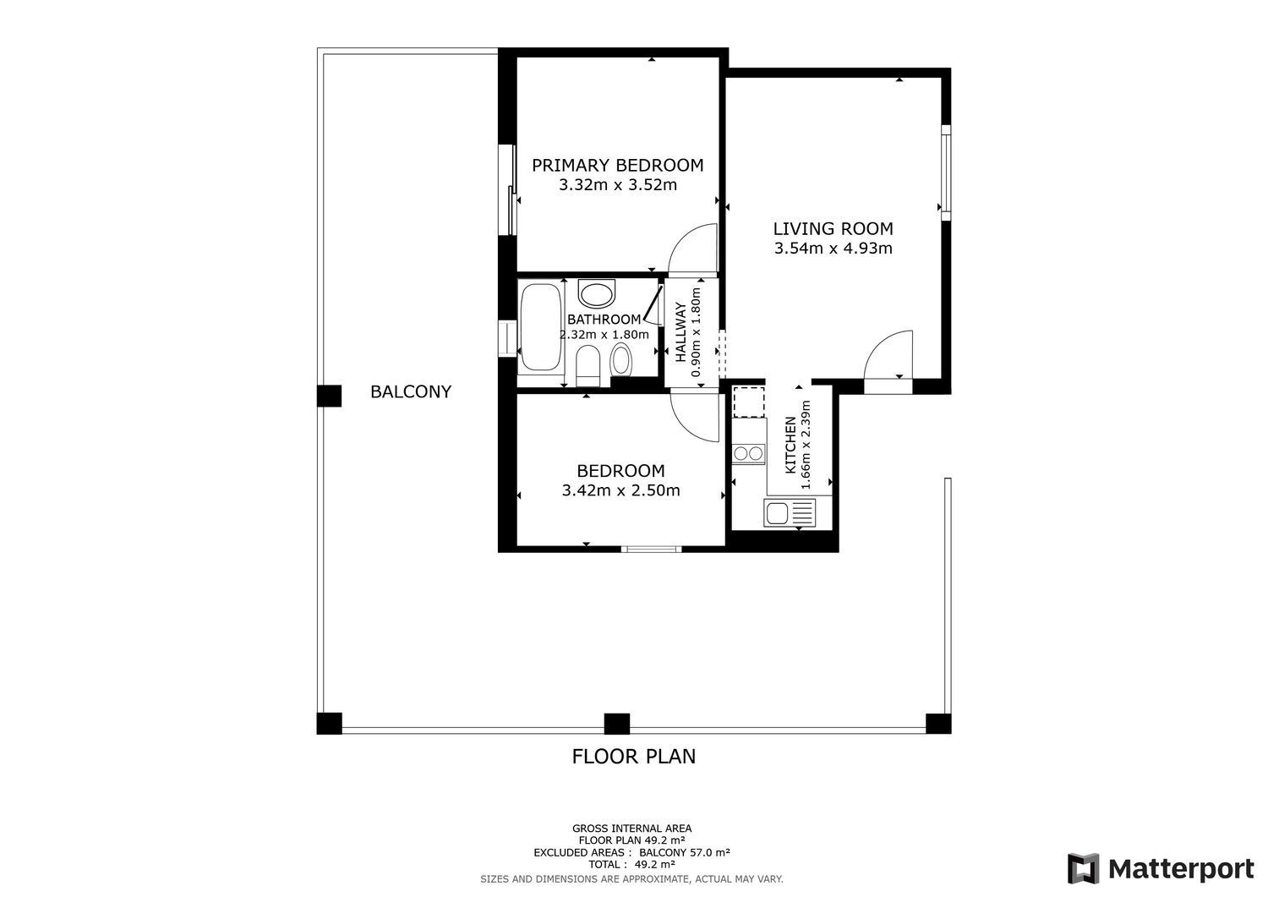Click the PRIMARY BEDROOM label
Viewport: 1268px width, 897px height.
617,165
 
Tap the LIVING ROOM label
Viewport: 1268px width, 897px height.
833,228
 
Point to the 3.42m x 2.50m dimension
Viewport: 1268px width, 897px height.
620,490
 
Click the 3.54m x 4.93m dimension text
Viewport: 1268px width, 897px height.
833,249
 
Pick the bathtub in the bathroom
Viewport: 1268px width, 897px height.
540,327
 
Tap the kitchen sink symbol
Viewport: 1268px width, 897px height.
790,512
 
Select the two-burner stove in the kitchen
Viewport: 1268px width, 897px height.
749,453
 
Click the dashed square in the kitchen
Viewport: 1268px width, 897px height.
748,402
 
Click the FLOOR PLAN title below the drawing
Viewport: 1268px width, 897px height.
634,756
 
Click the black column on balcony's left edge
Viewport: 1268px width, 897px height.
329,396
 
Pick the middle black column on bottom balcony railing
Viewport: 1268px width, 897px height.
617,724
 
